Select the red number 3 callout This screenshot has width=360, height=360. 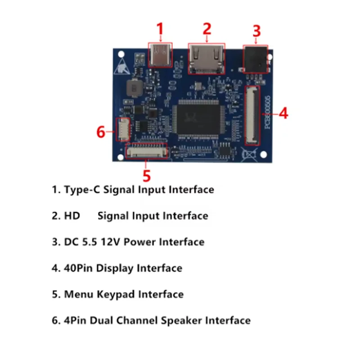(x=256, y=31)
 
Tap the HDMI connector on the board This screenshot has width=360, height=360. (x=207, y=59)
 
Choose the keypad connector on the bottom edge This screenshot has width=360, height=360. (x=147, y=151)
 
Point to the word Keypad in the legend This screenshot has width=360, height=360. (x=118, y=294)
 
